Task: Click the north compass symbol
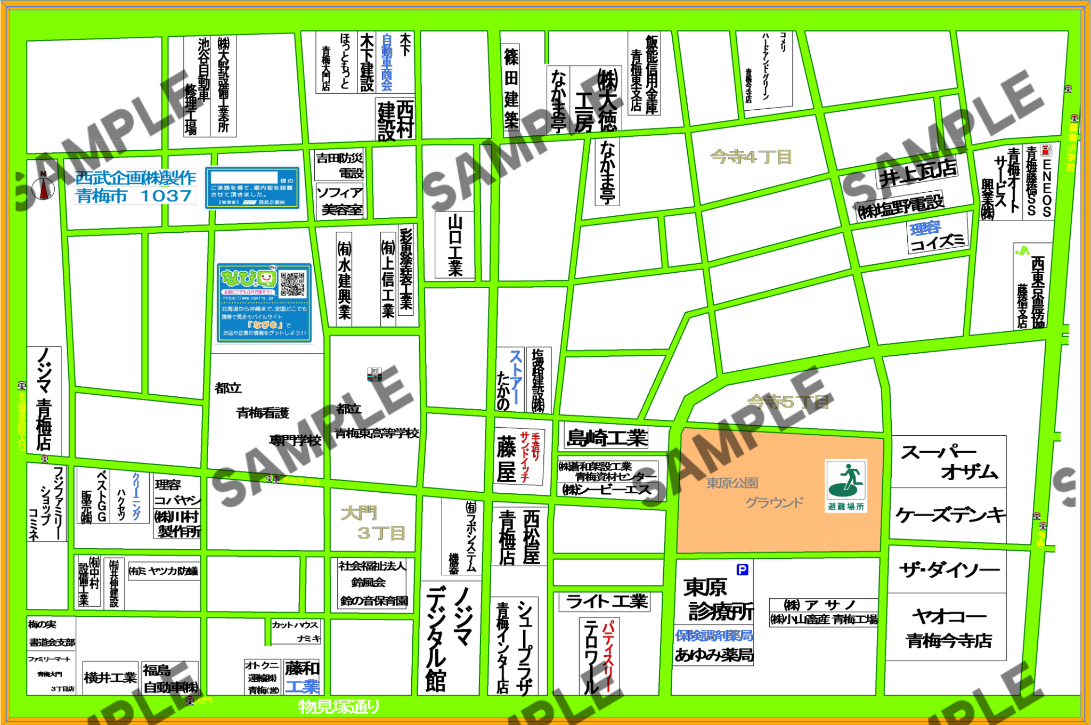click(43, 188)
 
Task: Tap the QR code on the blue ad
click(293, 284)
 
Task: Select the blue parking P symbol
click(742, 569)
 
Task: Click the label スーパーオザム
click(949, 462)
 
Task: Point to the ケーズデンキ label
click(950, 515)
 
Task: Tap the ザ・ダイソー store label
click(949, 571)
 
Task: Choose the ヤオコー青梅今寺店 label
click(949, 628)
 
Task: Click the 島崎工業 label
click(607, 438)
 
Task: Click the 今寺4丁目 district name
click(751, 157)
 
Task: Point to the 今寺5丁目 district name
click(788, 402)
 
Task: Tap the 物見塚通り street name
click(339, 706)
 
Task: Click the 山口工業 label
click(455, 245)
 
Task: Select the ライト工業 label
click(607, 601)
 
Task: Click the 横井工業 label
click(110, 678)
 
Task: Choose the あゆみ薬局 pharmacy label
click(714, 655)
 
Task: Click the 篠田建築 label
click(511, 88)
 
